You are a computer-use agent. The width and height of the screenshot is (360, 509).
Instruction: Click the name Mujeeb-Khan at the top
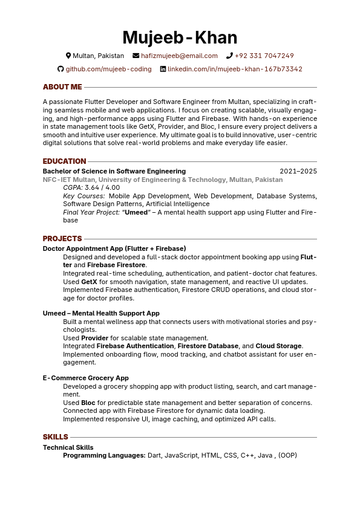tap(180, 37)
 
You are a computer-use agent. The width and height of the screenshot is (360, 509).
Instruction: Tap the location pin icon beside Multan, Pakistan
tap(68, 56)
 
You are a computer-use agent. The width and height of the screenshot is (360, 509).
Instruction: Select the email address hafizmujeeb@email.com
tap(179, 56)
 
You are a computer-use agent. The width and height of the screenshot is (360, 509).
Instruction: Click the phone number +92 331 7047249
tap(264, 56)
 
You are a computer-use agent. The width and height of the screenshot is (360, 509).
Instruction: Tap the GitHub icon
tap(61, 69)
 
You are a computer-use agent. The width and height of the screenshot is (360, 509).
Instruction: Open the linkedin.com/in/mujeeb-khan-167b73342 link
tap(235, 69)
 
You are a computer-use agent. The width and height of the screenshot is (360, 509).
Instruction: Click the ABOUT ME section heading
tap(62, 87)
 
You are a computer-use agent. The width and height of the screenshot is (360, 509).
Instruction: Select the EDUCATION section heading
tap(64, 161)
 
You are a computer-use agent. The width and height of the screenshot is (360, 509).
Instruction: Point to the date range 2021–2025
tap(298, 171)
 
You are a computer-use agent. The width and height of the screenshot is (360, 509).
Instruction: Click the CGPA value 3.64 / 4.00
tap(102, 187)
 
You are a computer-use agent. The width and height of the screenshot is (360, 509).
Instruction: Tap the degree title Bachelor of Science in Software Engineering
tap(114, 171)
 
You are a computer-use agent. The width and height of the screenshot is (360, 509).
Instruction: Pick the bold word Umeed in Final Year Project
tap(137, 212)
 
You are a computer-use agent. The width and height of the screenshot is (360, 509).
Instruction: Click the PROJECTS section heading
tap(62, 239)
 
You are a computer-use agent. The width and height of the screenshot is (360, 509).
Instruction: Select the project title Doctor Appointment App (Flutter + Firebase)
tap(114, 248)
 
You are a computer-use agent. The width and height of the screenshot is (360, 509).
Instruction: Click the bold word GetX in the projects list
tap(89, 282)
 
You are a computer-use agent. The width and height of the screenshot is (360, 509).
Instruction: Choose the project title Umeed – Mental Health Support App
tap(101, 313)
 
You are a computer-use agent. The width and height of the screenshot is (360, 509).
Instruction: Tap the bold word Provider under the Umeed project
tap(95, 338)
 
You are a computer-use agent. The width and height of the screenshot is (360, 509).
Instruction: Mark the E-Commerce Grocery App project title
tap(85, 378)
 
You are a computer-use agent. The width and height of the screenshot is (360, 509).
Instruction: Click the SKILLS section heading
tap(55, 437)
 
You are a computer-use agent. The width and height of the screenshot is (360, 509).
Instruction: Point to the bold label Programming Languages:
tap(104, 455)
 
